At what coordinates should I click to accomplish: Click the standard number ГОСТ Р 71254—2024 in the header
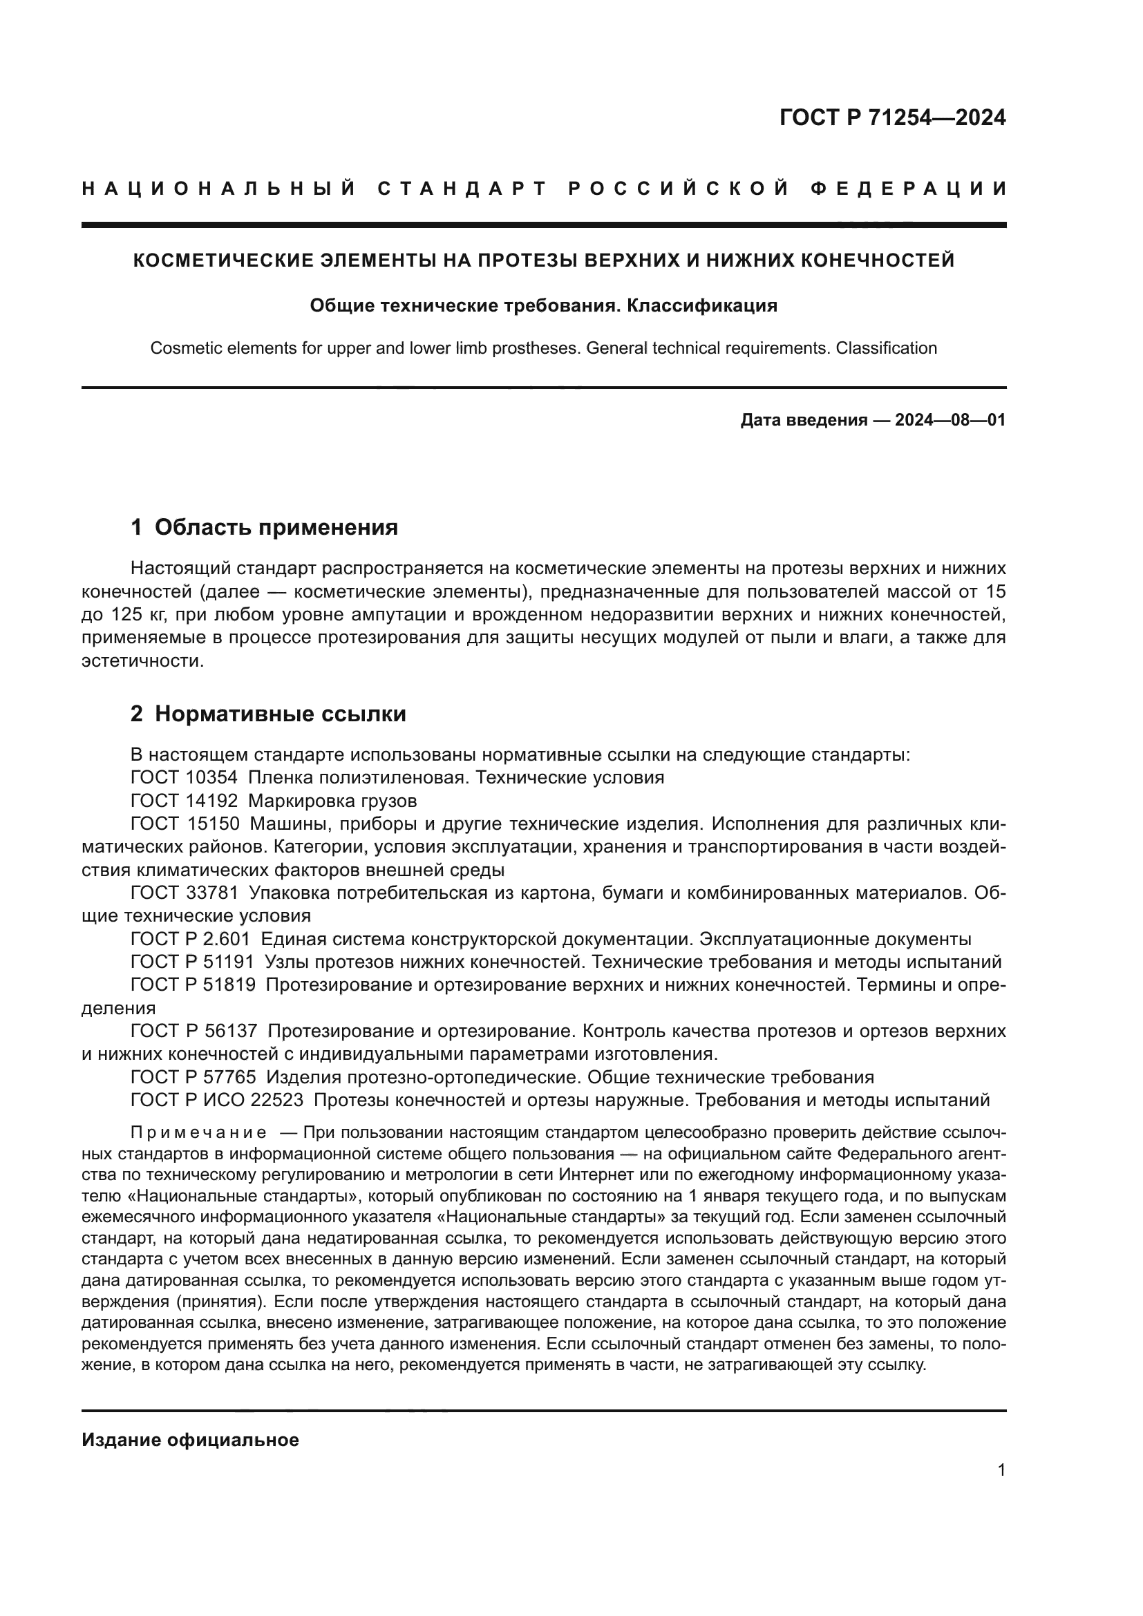click(892, 117)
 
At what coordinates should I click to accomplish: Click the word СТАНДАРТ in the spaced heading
click(462, 189)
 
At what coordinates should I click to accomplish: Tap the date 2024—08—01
click(950, 421)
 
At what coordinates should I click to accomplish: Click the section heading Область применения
click(276, 527)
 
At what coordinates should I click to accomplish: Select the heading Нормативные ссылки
click(280, 714)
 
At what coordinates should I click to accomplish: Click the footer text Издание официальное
click(190, 1440)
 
